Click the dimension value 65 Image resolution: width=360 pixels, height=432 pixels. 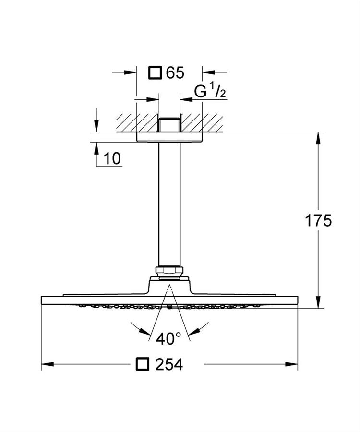click(175, 73)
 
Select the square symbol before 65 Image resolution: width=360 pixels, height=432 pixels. click(155, 73)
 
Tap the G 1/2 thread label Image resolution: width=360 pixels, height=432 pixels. click(210, 91)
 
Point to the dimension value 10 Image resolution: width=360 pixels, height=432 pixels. click(112, 158)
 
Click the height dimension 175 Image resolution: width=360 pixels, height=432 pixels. click(318, 221)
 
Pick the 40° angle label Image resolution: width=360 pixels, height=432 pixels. click(168, 338)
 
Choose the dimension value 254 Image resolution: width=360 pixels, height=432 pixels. click(168, 365)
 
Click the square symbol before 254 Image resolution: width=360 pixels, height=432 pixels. click(142, 364)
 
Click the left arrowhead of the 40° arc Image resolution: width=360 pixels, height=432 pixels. click(144, 331)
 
